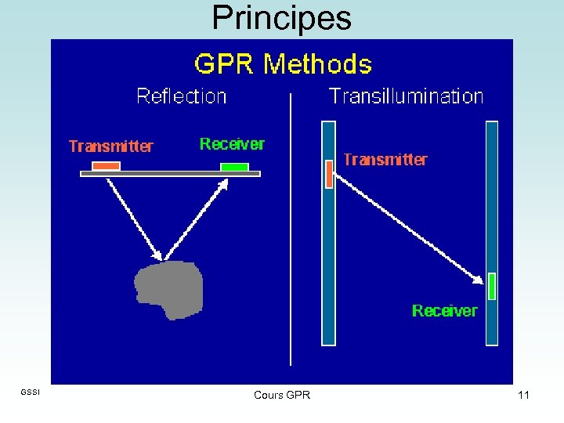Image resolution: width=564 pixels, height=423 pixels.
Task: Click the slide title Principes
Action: (x=281, y=18)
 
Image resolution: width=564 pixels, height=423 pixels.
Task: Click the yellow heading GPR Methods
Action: (x=283, y=64)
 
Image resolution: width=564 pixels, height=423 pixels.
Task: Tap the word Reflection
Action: (x=182, y=96)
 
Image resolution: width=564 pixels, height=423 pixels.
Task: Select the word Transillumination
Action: (x=406, y=96)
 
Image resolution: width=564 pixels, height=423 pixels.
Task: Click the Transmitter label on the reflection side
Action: (x=111, y=146)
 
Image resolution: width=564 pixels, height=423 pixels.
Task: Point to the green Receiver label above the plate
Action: (x=232, y=144)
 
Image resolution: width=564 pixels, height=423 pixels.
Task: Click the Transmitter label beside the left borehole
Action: (x=385, y=160)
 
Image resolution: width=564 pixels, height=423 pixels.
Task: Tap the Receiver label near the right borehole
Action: (x=444, y=311)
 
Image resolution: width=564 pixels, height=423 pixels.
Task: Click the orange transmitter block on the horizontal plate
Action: (x=106, y=166)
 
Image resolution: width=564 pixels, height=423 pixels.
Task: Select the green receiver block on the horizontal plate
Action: (x=234, y=167)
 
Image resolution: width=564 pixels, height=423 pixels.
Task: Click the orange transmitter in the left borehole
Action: (x=329, y=173)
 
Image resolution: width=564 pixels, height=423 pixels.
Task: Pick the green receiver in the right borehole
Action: (x=492, y=286)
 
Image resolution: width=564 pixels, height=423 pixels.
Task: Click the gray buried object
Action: (x=169, y=289)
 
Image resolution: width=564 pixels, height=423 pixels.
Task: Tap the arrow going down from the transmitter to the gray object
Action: (x=135, y=219)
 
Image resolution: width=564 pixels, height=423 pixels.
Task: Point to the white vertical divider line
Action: (x=291, y=235)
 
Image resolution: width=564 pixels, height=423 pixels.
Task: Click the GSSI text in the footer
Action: (x=29, y=392)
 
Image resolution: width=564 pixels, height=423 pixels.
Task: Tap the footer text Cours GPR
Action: (x=282, y=395)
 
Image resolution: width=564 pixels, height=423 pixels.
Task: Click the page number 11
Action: (x=523, y=395)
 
